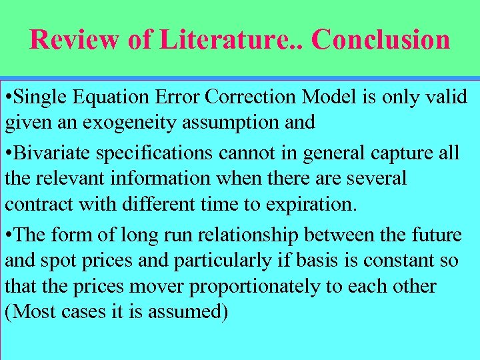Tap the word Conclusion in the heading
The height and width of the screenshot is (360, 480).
(381, 40)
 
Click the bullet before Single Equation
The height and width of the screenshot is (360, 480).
(7, 97)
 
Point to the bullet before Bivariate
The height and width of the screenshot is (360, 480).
(7, 153)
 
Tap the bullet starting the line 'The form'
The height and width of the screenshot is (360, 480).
(7, 235)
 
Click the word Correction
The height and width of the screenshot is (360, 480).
(253, 97)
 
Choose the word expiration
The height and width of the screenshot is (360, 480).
(311, 204)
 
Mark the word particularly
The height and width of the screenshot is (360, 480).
(227, 261)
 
